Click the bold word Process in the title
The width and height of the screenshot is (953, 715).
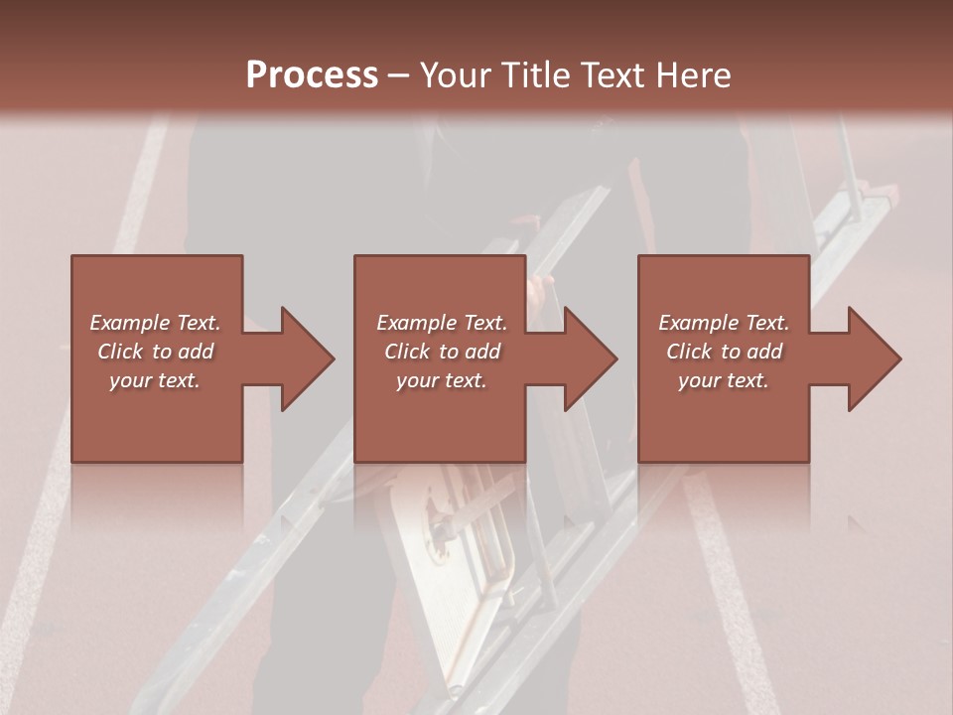pyautogui.click(x=312, y=74)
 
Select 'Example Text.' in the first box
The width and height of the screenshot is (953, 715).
pyautogui.click(x=155, y=323)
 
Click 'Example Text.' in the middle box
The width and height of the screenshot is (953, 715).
pyautogui.click(x=442, y=323)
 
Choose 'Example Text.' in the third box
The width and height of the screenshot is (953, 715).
pyautogui.click(x=724, y=323)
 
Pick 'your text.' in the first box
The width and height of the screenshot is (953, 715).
pyautogui.click(x=155, y=380)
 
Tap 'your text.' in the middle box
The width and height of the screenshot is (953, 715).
pyautogui.click(x=442, y=380)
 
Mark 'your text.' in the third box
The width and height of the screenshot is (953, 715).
pyautogui.click(x=724, y=380)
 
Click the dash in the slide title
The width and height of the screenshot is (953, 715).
pyautogui.click(x=398, y=75)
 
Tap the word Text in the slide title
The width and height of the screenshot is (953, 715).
pyautogui.click(x=609, y=74)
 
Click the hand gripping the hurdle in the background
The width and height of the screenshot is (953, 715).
pyautogui.click(x=541, y=291)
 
